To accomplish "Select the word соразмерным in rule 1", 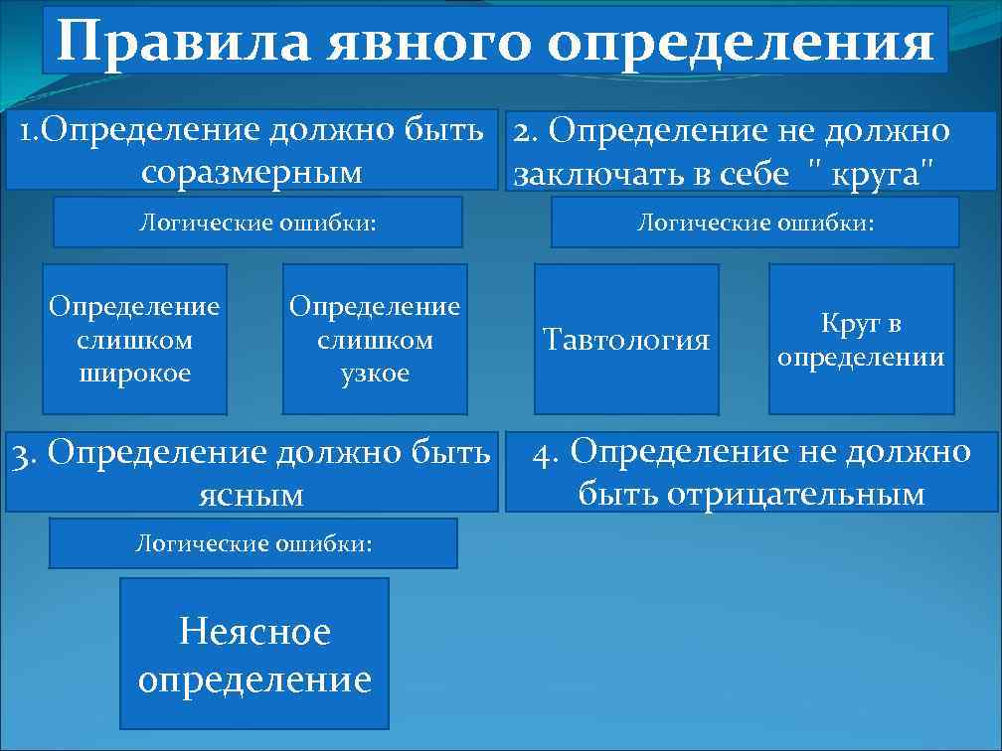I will coord(251,172).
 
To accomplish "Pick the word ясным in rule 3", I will coord(251,494).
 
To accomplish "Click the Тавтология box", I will coord(626,340).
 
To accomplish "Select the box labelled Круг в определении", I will coord(861,340).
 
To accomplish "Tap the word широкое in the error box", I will coord(134,374).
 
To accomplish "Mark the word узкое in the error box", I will coord(375,374).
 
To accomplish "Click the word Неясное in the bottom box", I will coord(254,631).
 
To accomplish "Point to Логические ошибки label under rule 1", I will coord(257,222).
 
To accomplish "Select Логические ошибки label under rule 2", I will coord(754,222).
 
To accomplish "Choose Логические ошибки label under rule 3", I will coord(253,543).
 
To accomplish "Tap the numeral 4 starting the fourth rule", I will coord(543,452).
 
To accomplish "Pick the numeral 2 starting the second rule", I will coord(522,130).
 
